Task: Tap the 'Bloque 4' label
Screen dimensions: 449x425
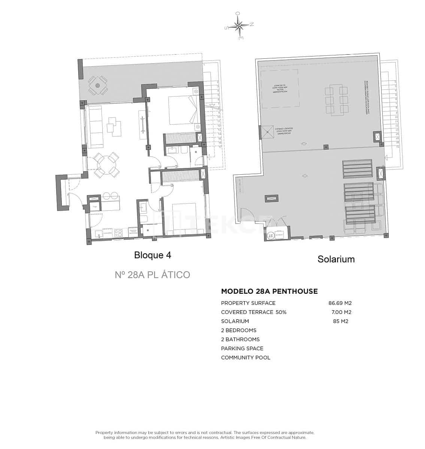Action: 152,255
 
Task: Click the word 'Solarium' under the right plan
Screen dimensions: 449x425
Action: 336,259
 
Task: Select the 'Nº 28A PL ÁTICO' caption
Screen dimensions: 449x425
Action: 152,275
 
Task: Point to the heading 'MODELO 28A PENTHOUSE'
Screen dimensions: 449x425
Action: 269,291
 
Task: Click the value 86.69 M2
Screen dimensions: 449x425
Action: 340,303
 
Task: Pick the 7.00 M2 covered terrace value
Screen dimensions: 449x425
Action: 341,312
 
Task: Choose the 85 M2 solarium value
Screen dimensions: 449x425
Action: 340,321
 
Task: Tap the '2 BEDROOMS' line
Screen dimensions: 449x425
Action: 239,330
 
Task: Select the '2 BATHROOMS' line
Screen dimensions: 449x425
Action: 240,339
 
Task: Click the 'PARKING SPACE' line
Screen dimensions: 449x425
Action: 242,348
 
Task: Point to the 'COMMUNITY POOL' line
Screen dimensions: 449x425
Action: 245,357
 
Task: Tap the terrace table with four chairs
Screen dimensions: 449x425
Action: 98,86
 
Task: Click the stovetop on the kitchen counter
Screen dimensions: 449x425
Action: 118,232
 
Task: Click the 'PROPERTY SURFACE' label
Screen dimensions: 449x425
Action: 248,303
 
